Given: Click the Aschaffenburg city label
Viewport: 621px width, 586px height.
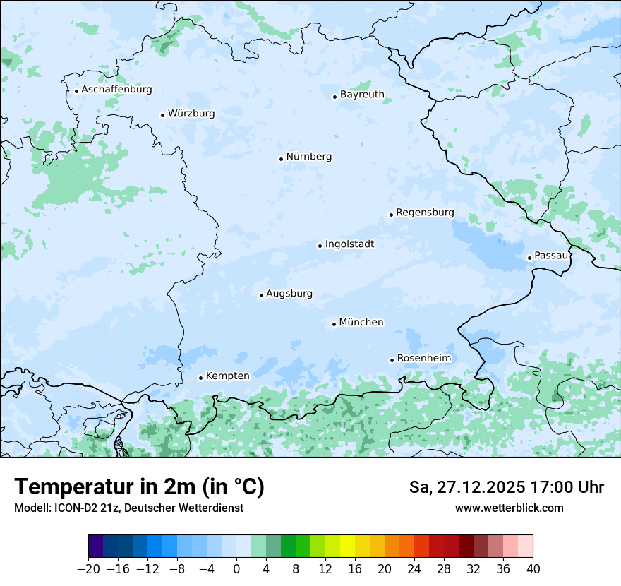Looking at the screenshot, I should [x=116, y=90].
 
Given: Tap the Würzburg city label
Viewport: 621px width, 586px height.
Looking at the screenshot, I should [x=191, y=114].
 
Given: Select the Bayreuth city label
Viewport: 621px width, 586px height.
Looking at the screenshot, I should [x=362, y=95].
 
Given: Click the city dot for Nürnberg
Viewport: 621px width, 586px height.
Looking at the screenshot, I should [x=281, y=159].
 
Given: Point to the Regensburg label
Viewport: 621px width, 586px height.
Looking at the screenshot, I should [x=425, y=213].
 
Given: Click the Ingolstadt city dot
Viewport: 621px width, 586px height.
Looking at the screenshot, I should [x=320, y=246].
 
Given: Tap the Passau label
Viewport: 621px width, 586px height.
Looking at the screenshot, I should [x=551, y=256].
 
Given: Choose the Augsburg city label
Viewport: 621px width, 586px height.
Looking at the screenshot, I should [x=289, y=294].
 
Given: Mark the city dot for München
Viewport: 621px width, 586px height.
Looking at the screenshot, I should [x=334, y=324].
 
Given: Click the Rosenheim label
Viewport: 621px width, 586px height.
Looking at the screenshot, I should [x=423, y=359].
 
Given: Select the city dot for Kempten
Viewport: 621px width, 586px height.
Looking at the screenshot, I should [x=200, y=378].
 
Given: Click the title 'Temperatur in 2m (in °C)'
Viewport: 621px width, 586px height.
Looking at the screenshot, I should [x=139, y=487].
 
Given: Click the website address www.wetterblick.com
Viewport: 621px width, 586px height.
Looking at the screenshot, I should [x=509, y=508].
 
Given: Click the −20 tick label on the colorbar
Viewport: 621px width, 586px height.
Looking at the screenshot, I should [x=88, y=569].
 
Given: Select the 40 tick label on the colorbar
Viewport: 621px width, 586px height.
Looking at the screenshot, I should [x=533, y=569].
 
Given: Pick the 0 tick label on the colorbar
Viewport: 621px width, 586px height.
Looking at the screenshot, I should [x=236, y=569].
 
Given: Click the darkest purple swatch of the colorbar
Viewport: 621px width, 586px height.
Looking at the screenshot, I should [x=96, y=546].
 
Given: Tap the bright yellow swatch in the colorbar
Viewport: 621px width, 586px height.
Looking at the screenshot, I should [x=347, y=546].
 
